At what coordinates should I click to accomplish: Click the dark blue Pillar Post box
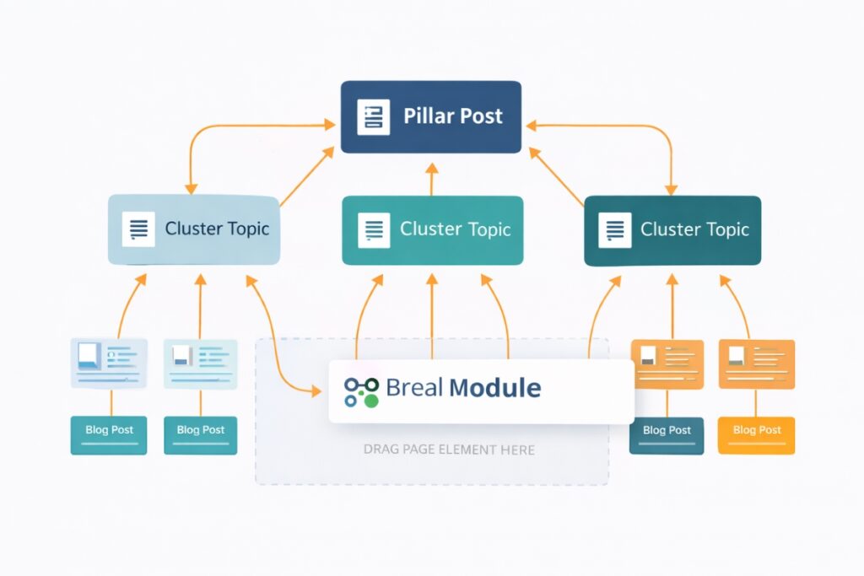point(430,116)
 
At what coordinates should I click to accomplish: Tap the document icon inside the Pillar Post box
point(374,116)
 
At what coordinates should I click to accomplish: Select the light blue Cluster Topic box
point(193,229)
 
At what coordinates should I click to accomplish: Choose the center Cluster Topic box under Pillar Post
point(432,230)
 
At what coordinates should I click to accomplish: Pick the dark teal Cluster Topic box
point(672,230)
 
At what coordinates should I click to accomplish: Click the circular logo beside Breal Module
point(362,391)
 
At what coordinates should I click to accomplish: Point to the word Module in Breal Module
point(495,388)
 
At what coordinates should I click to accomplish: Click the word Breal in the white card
point(414,388)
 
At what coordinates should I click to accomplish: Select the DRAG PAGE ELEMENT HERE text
point(449,449)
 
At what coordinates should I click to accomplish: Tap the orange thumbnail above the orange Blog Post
point(756,363)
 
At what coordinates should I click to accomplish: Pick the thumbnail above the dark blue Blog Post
point(667,364)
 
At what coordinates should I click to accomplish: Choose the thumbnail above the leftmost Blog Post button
point(110,363)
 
